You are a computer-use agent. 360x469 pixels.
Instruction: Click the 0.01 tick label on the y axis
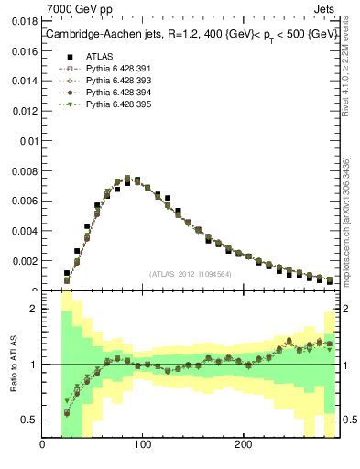point(28,141)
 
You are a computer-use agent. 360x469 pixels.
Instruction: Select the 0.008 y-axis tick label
point(25,171)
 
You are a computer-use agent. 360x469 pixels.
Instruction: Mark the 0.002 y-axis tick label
point(25,261)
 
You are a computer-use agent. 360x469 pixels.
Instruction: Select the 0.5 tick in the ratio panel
point(29,420)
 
